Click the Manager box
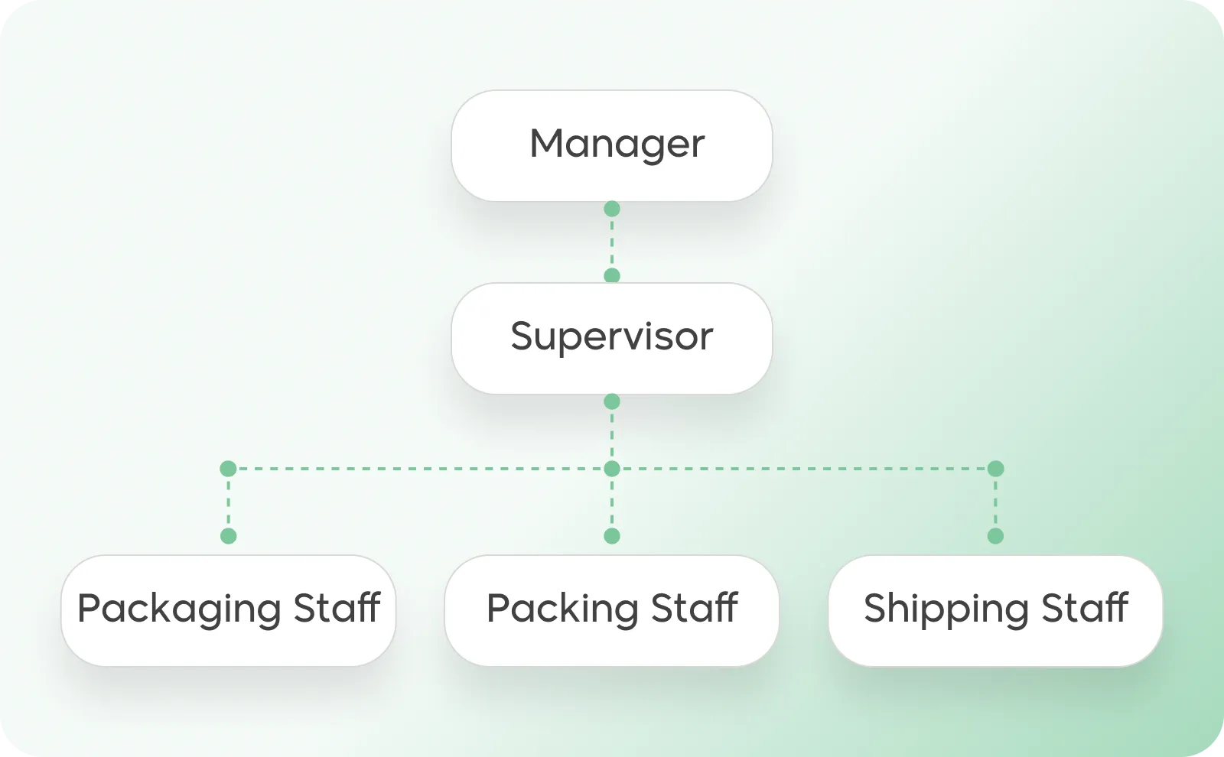pyautogui.click(x=612, y=145)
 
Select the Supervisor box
pyautogui.click(x=612, y=338)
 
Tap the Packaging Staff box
pyautogui.click(x=228, y=610)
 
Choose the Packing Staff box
pyautogui.click(x=612, y=610)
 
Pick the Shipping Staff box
pyautogui.click(x=995, y=610)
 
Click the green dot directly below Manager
pyautogui.click(x=612, y=209)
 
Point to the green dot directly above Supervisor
pyautogui.click(x=612, y=276)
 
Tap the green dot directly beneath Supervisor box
pyautogui.click(x=612, y=401)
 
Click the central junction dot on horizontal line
pyautogui.click(x=612, y=469)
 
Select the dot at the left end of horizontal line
pyautogui.click(x=228, y=469)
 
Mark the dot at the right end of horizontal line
pyautogui.click(x=995, y=469)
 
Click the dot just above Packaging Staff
pyautogui.click(x=228, y=536)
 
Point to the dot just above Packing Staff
pyautogui.click(x=612, y=536)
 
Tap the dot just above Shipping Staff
pyautogui.click(x=995, y=536)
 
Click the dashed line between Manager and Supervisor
pyautogui.click(x=612, y=242)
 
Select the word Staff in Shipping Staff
pyautogui.click(x=1085, y=609)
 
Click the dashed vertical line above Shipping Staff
pyautogui.click(x=995, y=502)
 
